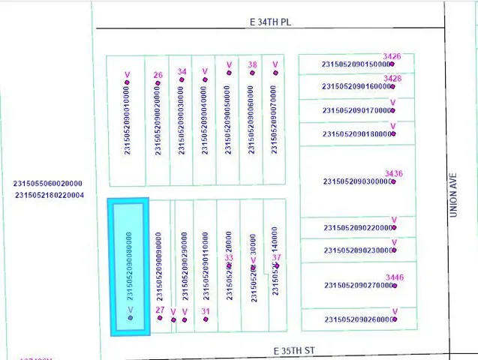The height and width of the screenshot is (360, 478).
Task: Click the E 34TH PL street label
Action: click(270, 22)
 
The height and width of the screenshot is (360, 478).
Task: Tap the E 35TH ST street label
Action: click(299, 350)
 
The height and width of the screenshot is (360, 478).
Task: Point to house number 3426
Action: click(392, 56)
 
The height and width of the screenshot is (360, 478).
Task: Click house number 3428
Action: click(392, 79)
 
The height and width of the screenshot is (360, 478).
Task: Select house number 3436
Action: click(394, 174)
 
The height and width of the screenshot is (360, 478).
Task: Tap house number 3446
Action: click(394, 278)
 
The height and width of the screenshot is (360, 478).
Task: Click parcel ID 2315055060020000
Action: click(48, 184)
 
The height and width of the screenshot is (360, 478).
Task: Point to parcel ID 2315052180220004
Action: click(50, 196)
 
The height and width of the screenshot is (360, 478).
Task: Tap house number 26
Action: click(158, 75)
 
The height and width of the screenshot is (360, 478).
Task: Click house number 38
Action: click(253, 65)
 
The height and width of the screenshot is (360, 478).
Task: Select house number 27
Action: click(160, 310)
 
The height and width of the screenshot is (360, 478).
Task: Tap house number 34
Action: click(182, 72)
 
